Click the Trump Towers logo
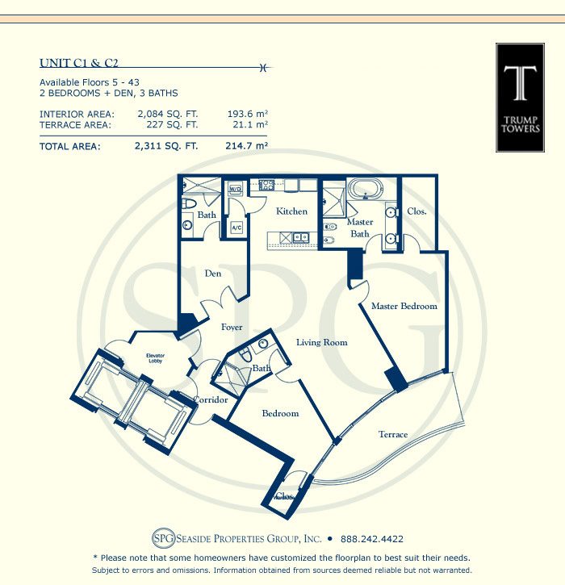tap(520, 98)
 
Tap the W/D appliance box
tap(235, 188)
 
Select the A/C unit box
tap(236, 228)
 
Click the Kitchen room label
tap(292, 211)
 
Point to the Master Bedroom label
tap(404, 306)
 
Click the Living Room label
tap(322, 342)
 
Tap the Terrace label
tap(393, 434)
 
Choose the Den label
tap(213, 274)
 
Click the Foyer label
tap(232, 328)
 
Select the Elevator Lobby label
tap(155, 358)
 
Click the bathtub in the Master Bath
tap(366, 189)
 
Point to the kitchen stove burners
tap(266, 185)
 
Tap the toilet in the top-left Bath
tap(189, 203)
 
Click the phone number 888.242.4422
tap(372, 539)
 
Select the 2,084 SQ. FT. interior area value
tap(168, 114)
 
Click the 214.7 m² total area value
tap(247, 145)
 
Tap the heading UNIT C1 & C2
tap(79, 63)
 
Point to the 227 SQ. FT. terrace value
tap(172, 124)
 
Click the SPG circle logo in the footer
tap(164, 538)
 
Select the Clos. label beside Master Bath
tap(416, 211)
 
